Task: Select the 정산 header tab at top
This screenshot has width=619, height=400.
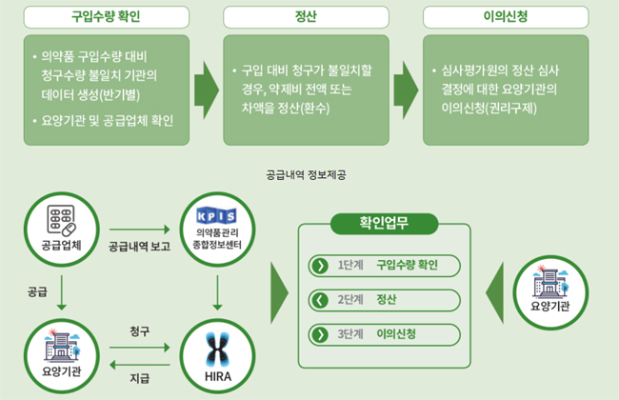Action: (309, 17)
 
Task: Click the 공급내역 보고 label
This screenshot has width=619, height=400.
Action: (140, 246)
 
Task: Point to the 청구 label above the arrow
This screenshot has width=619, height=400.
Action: (139, 330)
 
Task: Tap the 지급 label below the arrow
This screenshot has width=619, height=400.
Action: (139, 379)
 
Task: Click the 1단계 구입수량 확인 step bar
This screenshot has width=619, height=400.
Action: (376, 265)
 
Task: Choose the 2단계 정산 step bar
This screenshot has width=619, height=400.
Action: (376, 300)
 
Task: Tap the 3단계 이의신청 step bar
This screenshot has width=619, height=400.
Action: (376, 334)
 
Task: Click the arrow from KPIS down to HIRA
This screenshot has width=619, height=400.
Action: (218, 293)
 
